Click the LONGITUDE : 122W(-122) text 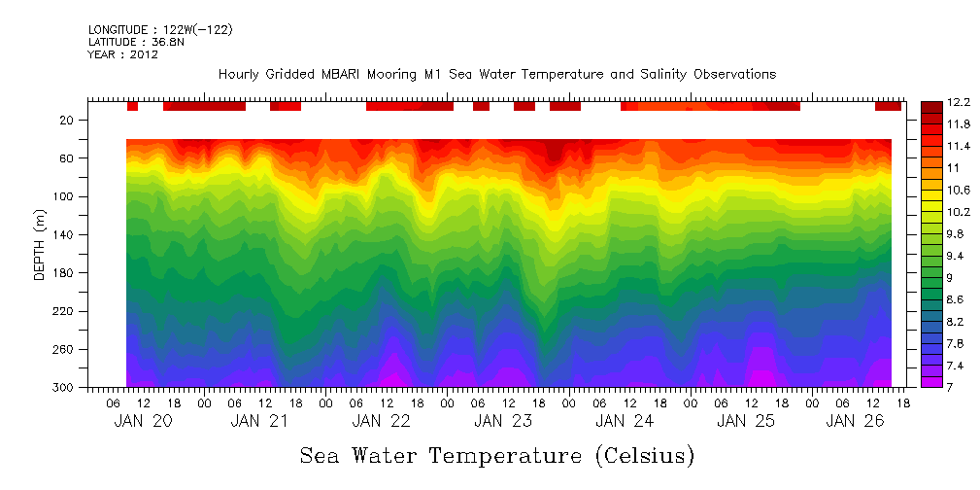click(x=160, y=30)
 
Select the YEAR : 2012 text click(x=122, y=54)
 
